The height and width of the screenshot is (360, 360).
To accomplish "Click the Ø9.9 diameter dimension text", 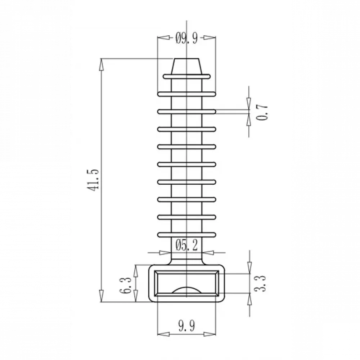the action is point(186,38).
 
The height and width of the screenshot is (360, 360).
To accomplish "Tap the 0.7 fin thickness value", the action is point(262,112).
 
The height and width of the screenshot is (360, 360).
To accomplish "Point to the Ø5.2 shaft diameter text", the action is point(186,245).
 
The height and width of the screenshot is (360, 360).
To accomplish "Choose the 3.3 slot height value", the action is point(261,284).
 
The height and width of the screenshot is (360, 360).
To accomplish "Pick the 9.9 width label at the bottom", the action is point(186,326).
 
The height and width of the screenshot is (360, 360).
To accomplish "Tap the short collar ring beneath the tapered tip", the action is point(186,76).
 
